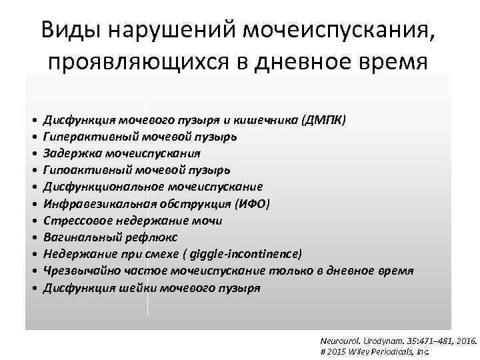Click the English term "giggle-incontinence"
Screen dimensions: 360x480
246,254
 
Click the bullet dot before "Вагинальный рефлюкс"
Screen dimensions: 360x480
33,237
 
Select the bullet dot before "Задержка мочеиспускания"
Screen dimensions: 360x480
33,153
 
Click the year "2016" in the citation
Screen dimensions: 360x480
465,341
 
